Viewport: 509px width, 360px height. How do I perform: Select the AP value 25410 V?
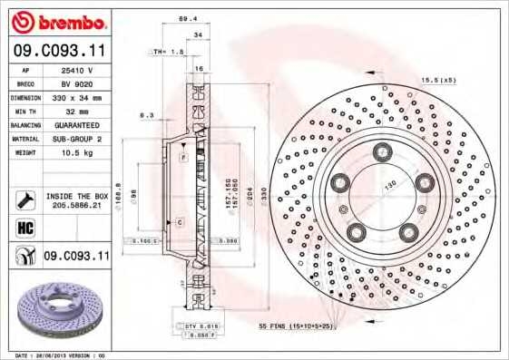click(77, 69)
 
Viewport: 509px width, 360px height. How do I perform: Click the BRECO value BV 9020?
click(77, 83)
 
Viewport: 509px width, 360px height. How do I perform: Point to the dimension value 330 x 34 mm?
click(77, 97)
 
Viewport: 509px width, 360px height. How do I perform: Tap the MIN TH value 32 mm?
click(77, 111)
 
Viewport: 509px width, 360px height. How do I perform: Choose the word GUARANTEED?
click(77, 125)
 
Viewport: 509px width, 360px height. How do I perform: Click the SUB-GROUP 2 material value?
click(77, 139)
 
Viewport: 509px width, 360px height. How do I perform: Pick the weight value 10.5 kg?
click(77, 153)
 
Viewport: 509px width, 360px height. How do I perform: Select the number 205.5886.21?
click(76, 206)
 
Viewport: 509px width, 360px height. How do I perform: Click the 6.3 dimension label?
click(146, 115)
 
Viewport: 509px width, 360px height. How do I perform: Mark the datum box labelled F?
click(182, 158)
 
